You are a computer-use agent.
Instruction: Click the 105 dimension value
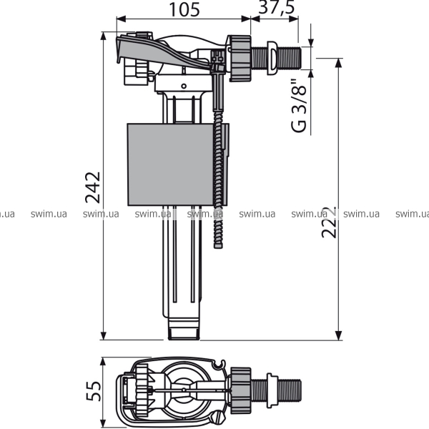[x=184, y=10]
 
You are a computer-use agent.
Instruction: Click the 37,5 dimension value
[x=277, y=7]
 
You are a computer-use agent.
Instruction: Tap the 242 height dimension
[x=93, y=187]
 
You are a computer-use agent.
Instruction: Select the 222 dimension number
[x=329, y=222]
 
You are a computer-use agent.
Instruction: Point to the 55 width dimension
[x=93, y=391]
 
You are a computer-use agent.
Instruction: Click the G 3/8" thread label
[x=299, y=106]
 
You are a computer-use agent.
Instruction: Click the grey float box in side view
[x=170, y=164]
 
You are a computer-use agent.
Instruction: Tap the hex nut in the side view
[x=240, y=59]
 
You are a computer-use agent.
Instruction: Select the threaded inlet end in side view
[x=290, y=58]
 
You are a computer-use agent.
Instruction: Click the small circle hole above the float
[x=184, y=87]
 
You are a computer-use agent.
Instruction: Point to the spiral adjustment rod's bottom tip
[x=218, y=247]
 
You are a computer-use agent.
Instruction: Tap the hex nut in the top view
[x=241, y=390]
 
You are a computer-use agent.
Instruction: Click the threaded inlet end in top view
[x=290, y=390]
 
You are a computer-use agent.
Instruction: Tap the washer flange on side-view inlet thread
[x=272, y=58]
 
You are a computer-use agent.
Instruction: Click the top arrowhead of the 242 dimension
[x=103, y=36]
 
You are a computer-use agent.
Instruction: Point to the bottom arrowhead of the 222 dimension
[x=339, y=335]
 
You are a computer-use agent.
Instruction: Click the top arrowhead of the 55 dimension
[x=103, y=362]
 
